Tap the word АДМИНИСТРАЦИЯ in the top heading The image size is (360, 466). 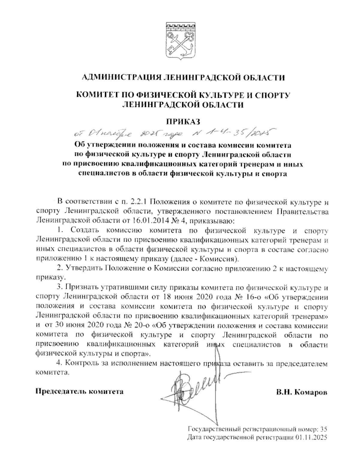[121, 78]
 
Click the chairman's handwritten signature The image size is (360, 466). [192, 390]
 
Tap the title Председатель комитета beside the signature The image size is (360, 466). [79, 391]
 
